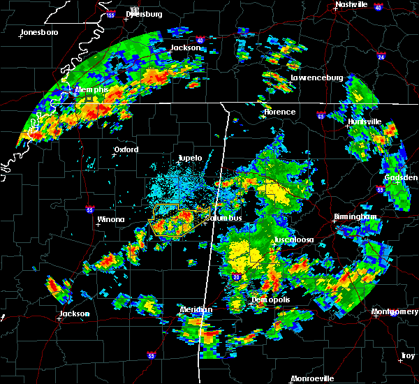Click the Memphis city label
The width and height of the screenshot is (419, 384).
pos(92,90)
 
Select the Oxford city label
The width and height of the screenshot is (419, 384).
pos(126,149)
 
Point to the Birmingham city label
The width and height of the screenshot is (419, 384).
pos(359,217)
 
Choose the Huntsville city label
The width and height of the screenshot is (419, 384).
pos(365,121)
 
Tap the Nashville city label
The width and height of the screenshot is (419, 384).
pos(351,4)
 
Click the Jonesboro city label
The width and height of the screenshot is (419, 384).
pos(39,32)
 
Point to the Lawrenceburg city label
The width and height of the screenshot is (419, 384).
pos(316,78)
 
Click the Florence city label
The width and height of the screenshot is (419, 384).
pos(279,112)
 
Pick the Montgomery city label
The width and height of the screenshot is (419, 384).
pos(395,311)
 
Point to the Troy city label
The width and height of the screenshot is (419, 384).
pos(407,356)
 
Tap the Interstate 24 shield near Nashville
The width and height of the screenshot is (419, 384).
pos(381,55)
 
